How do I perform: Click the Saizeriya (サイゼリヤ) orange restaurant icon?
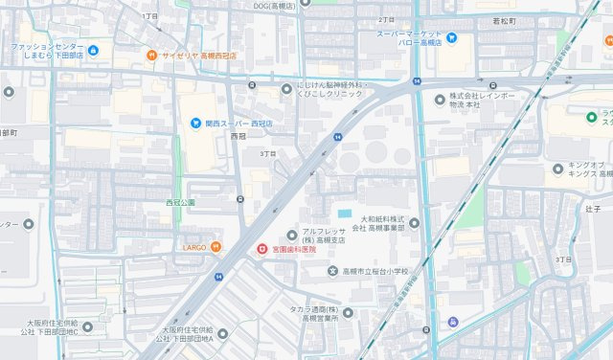(151, 56)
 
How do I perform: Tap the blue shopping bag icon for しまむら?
(93, 50)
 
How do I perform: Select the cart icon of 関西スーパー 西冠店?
(195, 123)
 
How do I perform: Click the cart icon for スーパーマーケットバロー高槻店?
(452, 38)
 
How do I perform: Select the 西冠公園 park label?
(179, 203)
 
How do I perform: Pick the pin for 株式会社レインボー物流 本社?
(441, 99)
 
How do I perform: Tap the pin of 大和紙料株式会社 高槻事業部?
(413, 223)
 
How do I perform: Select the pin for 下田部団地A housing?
(222, 333)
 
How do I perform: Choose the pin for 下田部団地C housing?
(88, 327)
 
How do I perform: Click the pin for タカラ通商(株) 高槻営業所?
(346, 312)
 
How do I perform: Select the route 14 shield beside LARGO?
(219, 277)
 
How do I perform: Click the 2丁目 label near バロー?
(386, 19)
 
